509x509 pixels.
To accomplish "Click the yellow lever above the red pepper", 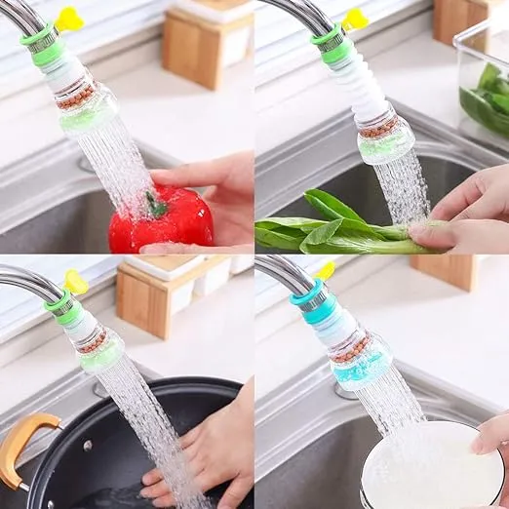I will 68,19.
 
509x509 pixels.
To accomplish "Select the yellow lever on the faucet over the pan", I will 75,283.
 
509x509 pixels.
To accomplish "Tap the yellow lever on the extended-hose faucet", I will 355,19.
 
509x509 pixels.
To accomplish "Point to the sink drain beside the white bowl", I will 345,391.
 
